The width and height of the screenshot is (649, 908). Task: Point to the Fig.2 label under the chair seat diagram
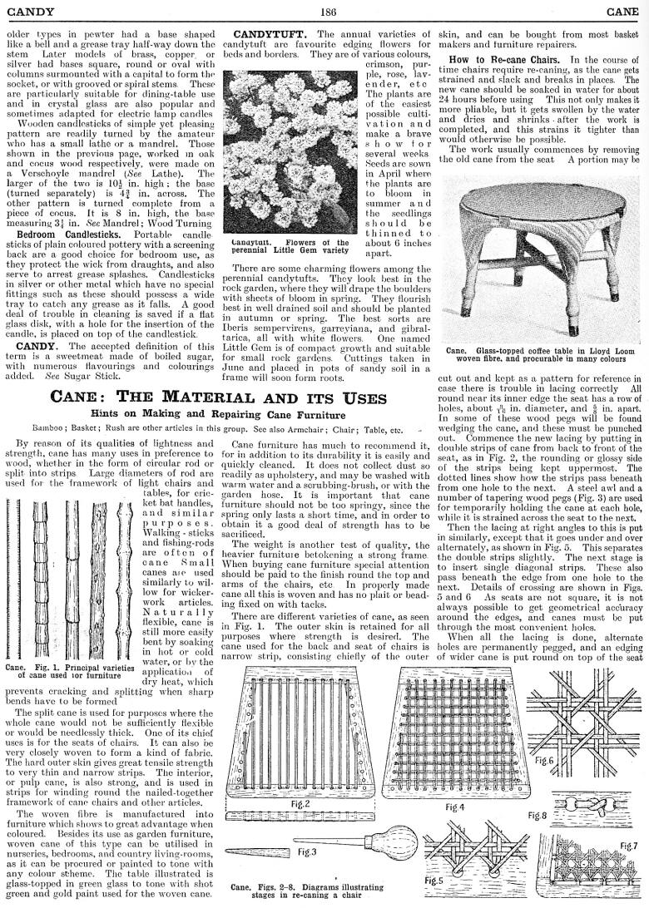click(x=300, y=804)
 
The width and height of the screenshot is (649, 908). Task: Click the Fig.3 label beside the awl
click(x=307, y=852)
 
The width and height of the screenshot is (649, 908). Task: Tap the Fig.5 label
click(x=434, y=880)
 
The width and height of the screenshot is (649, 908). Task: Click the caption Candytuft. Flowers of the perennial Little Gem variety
click(x=293, y=247)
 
